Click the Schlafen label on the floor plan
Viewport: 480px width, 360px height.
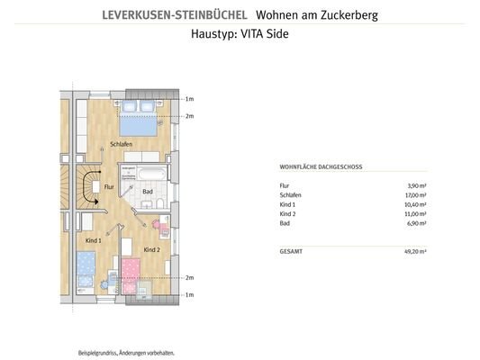122,144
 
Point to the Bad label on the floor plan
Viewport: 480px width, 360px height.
148,191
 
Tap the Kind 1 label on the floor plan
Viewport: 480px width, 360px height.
93,241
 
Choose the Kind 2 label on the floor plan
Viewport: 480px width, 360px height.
151,248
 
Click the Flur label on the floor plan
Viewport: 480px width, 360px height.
108,187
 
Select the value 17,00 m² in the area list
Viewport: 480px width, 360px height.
414,194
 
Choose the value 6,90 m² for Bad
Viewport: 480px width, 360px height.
416,224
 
